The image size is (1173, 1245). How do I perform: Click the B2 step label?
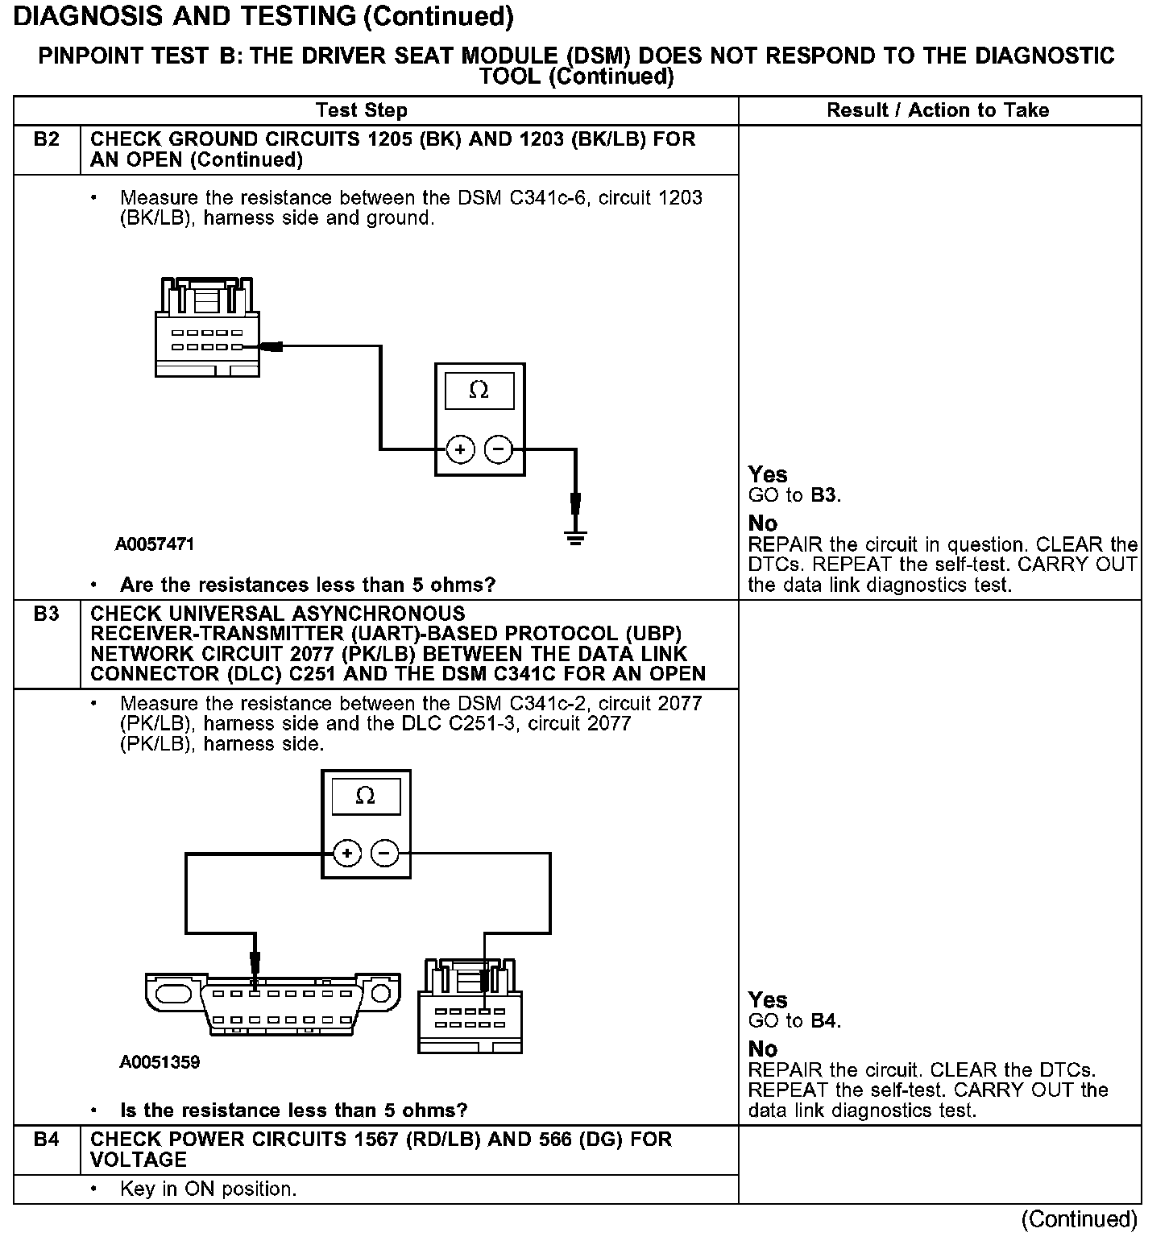click(47, 139)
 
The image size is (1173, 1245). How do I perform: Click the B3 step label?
click(47, 614)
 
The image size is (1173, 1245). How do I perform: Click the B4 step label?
click(47, 1140)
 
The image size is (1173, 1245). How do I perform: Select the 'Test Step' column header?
click(362, 110)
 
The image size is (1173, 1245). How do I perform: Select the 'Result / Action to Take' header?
click(938, 110)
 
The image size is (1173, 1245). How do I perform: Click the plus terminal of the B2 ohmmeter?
click(460, 449)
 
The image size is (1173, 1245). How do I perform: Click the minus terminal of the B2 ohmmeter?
click(499, 449)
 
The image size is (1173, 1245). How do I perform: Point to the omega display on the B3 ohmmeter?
click(365, 796)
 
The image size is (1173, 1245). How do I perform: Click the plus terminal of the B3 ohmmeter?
click(346, 853)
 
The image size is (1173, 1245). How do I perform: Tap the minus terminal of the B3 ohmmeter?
click(385, 853)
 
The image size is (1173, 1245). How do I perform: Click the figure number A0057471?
click(155, 544)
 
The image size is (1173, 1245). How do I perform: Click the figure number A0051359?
click(160, 1062)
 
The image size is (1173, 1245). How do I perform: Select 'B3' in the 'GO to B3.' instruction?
click(823, 495)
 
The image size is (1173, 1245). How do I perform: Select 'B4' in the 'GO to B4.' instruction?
click(823, 1021)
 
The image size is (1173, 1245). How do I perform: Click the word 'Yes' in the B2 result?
click(768, 474)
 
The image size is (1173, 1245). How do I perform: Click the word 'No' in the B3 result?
click(762, 1049)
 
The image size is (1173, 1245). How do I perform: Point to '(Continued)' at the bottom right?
click(1079, 1219)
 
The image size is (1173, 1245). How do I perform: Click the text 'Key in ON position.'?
click(208, 1189)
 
